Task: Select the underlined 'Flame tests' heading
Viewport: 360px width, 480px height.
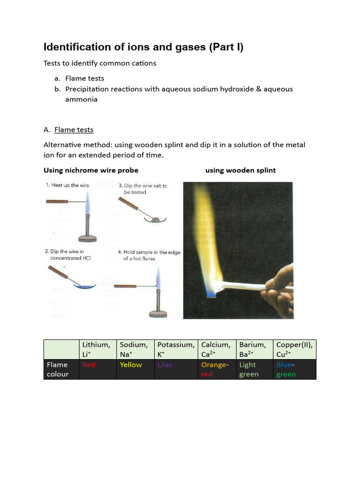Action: pyautogui.click(x=74, y=129)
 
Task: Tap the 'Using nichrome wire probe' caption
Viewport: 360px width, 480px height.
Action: pyautogui.click(x=91, y=170)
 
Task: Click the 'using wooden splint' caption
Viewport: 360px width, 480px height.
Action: pyautogui.click(x=240, y=170)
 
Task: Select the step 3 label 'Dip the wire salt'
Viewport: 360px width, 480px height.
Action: pyautogui.click(x=142, y=188)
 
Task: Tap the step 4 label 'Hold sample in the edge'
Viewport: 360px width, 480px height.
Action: pyautogui.click(x=149, y=255)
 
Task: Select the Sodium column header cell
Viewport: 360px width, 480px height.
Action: pyautogui.click(x=135, y=349)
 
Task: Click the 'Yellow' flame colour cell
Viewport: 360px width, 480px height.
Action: pyautogui.click(x=135, y=369)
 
